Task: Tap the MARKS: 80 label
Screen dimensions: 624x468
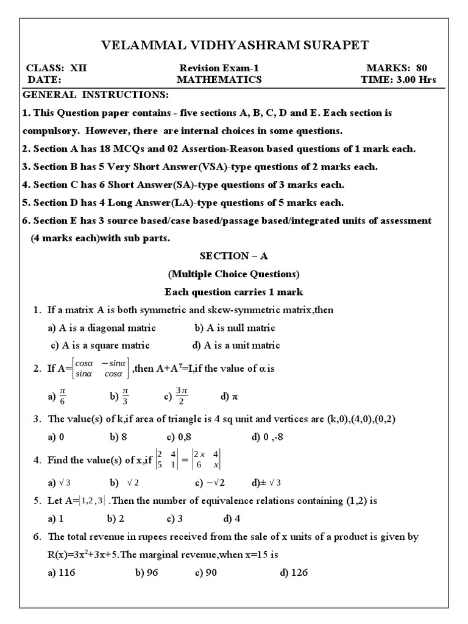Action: [401, 68]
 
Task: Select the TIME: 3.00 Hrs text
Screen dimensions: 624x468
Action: [399, 79]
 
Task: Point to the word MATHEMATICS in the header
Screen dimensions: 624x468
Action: [219, 79]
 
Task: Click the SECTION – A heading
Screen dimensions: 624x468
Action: [234, 256]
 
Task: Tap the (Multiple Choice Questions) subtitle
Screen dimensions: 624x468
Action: [234, 274]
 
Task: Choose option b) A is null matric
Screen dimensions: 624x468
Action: [235, 328]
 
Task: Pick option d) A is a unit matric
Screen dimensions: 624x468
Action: [236, 345]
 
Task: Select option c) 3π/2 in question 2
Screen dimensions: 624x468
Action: [175, 397]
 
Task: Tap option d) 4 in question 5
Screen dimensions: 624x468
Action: [232, 519]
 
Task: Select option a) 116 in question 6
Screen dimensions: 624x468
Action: [61, 573]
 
